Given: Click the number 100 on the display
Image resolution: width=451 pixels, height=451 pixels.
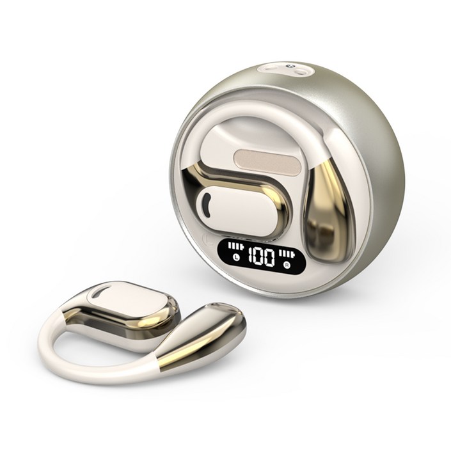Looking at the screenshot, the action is (x=261, y=256).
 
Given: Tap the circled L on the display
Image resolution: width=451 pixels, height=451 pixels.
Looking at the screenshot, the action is (x=237, y=257).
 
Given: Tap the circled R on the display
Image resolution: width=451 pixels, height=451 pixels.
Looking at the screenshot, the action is (x=287, y=263).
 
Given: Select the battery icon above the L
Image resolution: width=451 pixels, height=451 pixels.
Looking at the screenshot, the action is (x=235, y=247).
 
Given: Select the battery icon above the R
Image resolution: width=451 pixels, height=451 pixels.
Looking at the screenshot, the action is (x=287, y=254).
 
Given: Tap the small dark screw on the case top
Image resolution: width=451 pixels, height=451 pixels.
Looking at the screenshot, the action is (x=290, y=67).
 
